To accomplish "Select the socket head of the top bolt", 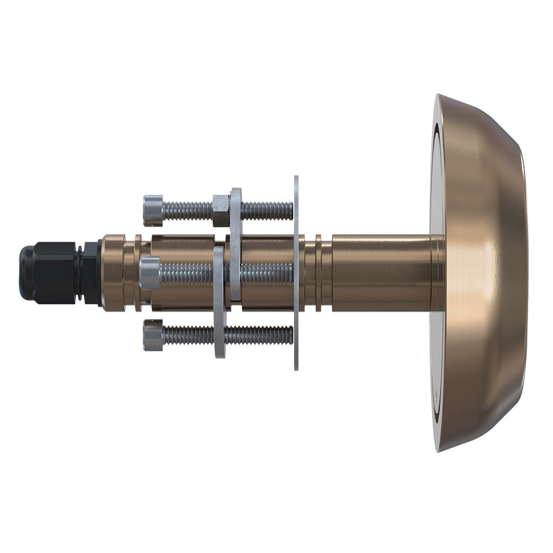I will [x=153, y=211].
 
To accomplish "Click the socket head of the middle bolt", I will [x=150, y=273].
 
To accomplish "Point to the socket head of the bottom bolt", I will [x=153, y=335].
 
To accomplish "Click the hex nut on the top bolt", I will [x=221, y=210].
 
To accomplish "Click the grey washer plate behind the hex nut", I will [x=236, y=243].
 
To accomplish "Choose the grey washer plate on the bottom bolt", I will [x=220, y=304].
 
